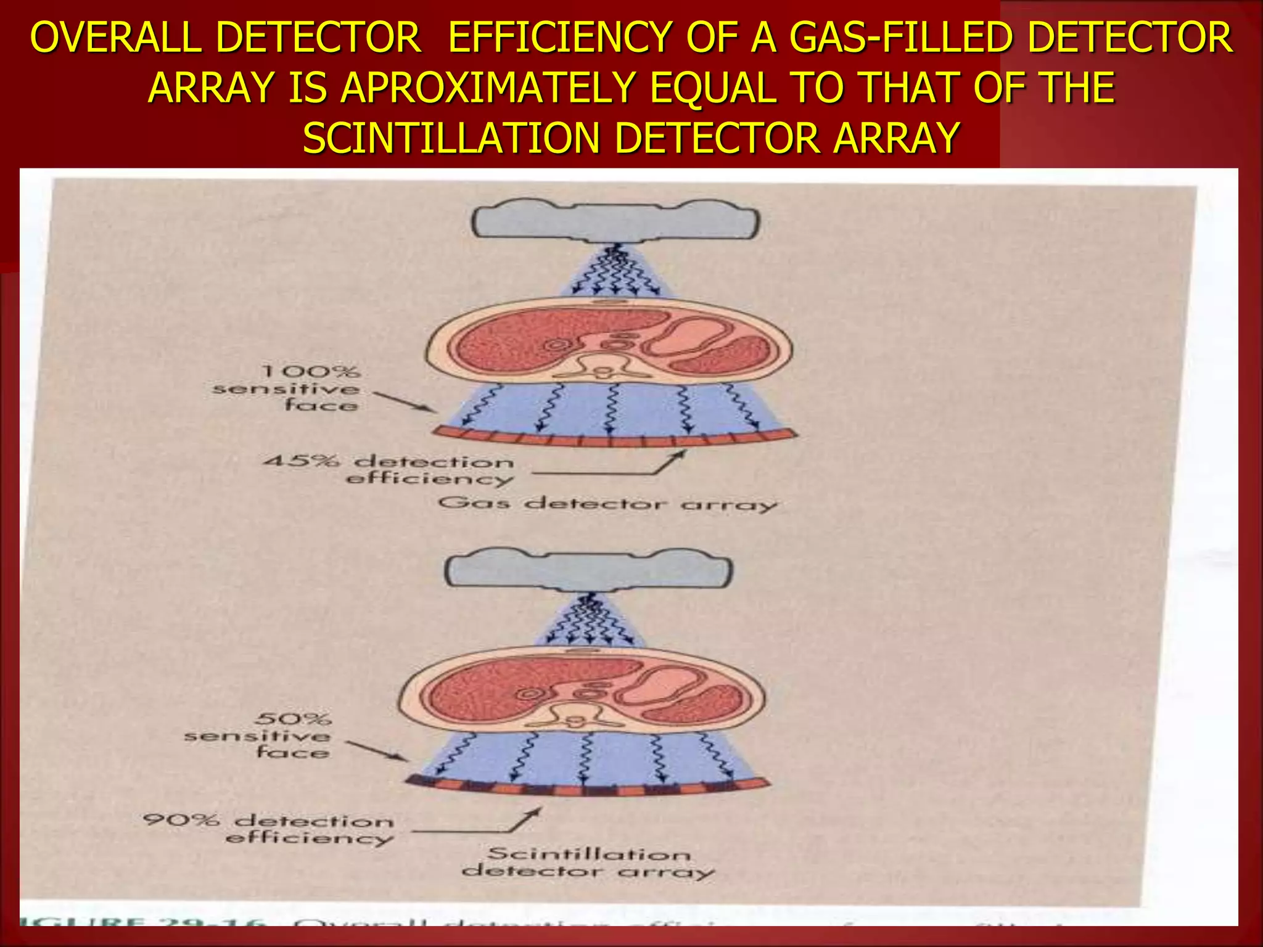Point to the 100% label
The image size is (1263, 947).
pyautogui.click(x=310, y=372)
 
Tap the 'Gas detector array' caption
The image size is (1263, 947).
pyautogui.click(x=607, y=504)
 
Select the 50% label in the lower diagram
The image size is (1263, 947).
pyautogui.click(x=293, y=719)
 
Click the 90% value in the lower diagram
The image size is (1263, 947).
pyautogui.click(x=181, y=821)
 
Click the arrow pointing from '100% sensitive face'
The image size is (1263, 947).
pyautogui.click(x=405, y=401)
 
